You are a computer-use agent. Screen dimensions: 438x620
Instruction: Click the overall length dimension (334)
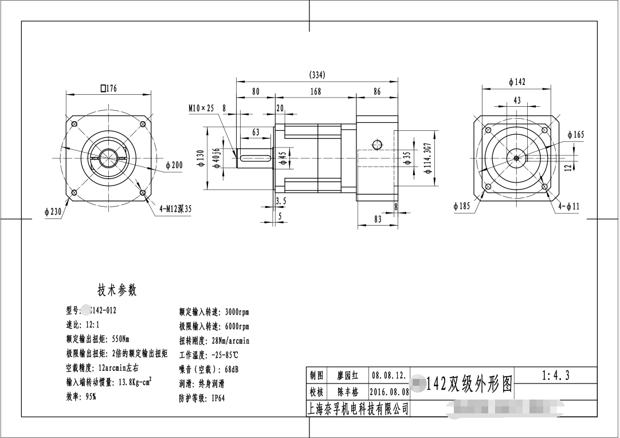point(317,75)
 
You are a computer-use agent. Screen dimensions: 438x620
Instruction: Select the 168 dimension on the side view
point(315,91)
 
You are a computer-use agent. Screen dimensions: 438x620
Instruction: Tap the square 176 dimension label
point(108,88)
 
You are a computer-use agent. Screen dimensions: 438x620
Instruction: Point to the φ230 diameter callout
point(53,212)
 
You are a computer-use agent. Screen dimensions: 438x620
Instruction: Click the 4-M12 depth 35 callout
point(175,209)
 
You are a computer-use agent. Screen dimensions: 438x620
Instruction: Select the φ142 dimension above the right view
point(517,82)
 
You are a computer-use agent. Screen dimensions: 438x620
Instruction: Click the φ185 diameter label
point(461,206)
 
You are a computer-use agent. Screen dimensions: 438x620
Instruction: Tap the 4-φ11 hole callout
point(569,206)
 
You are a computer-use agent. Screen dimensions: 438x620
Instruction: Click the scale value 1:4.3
point(555,375)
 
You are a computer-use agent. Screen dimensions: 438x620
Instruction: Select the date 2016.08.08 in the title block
point(390,393)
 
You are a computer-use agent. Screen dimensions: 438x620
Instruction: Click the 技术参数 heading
point(117,290)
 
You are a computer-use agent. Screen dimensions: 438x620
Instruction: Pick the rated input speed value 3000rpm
point(234,312)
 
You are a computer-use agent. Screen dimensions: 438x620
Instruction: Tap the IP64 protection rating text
point(218,398)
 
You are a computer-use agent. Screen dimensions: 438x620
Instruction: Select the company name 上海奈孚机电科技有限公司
point(359,408)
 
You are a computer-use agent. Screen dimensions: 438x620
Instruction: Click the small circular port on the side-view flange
point(377,144)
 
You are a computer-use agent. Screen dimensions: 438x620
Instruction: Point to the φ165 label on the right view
point(576,134)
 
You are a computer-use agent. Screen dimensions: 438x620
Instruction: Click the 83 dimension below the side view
point(378,219)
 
